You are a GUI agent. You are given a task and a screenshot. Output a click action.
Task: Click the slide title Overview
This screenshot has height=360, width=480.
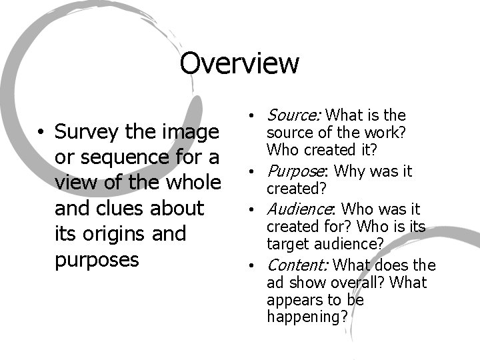pyautogui.click(x=239, y=64)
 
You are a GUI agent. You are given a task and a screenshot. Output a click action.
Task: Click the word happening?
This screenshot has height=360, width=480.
pyautogui.click(x=307, y=317)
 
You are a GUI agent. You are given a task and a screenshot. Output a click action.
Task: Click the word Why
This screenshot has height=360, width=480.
pyautogui.click(x=347, y=171)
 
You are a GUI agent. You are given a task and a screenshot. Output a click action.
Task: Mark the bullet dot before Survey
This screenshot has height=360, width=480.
pyautogui.click(x=41, y=132)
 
